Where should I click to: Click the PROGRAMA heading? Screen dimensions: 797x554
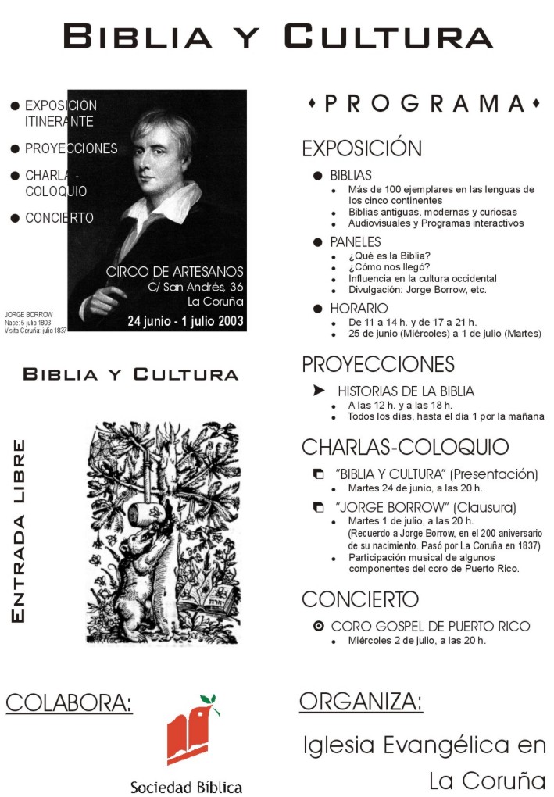426,104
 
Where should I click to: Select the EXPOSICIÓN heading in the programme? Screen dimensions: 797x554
362,148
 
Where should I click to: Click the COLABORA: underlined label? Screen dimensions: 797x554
69,703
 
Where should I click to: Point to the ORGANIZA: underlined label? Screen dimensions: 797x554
361,702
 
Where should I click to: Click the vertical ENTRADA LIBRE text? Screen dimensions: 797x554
20,531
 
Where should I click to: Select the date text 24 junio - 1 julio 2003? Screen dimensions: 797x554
186,320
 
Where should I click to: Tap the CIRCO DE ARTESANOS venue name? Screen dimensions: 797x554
175,272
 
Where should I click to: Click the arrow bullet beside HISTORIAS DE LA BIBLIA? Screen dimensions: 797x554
318,391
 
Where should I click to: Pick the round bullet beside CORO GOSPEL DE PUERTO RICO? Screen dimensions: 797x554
318,626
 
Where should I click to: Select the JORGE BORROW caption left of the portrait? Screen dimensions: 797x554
29,314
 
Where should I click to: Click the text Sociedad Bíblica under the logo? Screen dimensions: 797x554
186,787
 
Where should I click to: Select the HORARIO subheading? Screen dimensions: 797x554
359,309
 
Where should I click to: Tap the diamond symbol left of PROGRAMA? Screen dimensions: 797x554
313,104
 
